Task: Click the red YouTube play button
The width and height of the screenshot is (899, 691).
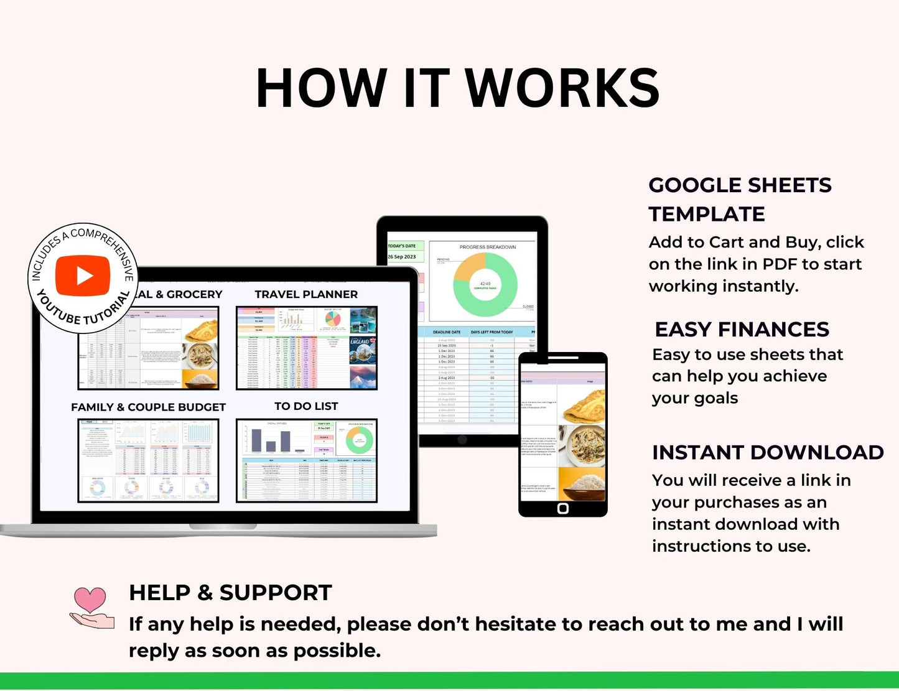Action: click(x=83, y=276)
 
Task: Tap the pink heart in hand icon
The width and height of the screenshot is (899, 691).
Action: click(x=91, y=608)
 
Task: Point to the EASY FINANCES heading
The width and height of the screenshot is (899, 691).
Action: click(x=742, y=329)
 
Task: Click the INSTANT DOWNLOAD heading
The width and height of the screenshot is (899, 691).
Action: click(x=768, y=452)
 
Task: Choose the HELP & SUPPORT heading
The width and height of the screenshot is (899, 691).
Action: click(x=230, y=593)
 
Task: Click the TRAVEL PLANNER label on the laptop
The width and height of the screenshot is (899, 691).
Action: click(x=306, y=294)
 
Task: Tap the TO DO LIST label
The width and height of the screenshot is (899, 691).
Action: click(x=306, y=406)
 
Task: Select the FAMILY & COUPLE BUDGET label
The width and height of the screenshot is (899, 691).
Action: click(x=148, y=407)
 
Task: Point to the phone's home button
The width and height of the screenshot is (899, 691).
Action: click(x=563, y=508)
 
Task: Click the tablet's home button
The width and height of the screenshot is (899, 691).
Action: click(x=462, y=440)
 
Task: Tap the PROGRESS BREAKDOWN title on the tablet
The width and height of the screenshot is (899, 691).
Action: click(x=487, y=247)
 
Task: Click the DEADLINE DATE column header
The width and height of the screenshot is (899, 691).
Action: click(x=446, y=332)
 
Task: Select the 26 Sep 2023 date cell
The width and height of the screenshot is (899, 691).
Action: click(x=403, y=257)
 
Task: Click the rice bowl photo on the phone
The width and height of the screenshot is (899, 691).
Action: click(x=581, y=483)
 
